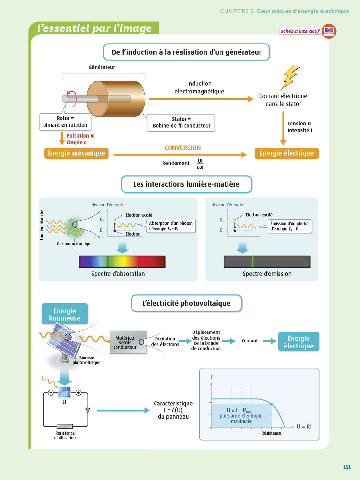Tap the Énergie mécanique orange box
(x=76, y=153)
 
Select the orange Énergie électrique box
(x=287, y=153)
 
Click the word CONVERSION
(x=183, y=148)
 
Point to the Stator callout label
(x=181, y=123)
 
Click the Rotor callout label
(x=65, y=122)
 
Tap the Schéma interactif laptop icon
(x=329, y=31)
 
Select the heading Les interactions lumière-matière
(x=186, y=184)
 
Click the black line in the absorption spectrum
(x=108, y=261)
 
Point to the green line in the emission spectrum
(x=253, y=261)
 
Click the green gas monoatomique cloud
(x=75, y=228)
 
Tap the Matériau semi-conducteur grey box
(x=128, y=342)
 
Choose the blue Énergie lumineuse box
(x=65, y=314)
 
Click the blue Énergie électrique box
(x=299, y=342)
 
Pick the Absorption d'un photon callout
(x=171, y=226)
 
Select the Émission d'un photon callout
(x=290, y=226)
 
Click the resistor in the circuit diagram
(x=65, y=426)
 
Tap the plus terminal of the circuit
(x=78, y=393)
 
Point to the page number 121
(x=347, y=467)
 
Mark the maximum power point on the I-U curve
(x=271, y=404)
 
